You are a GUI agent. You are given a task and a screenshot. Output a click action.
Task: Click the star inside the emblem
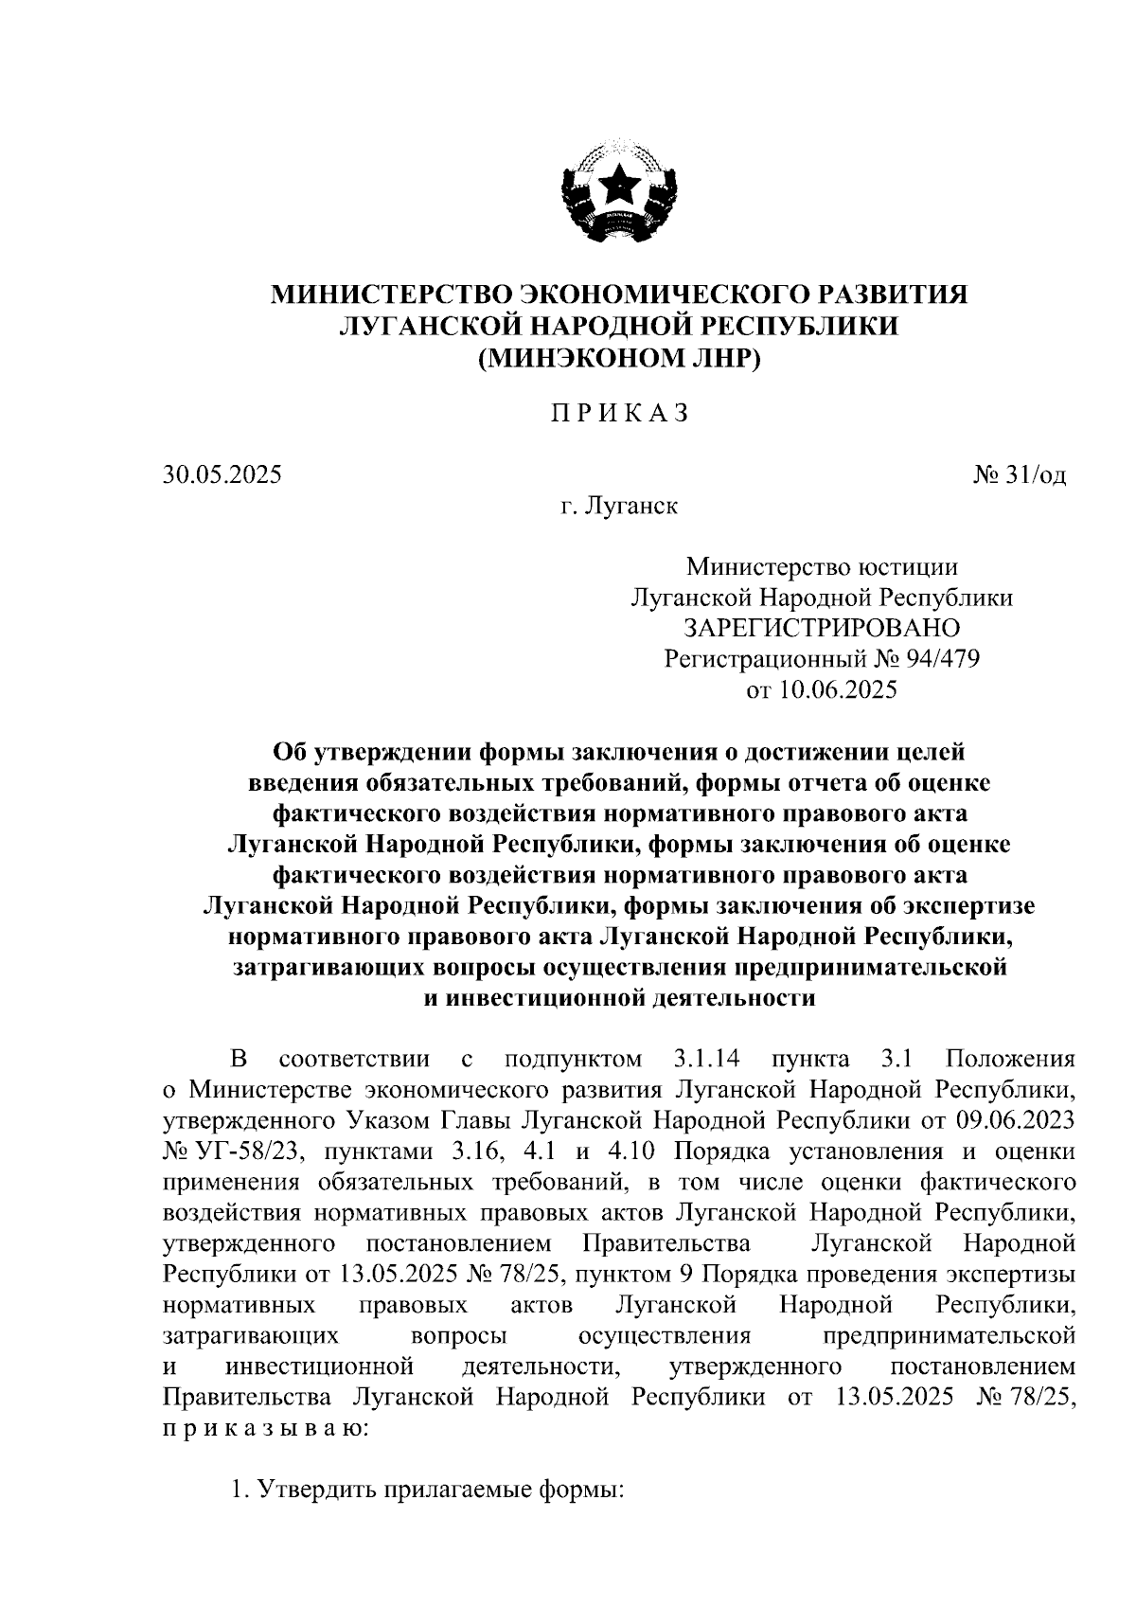(x=620, y=183)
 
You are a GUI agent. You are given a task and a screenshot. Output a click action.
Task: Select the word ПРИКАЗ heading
(x=620, y=414)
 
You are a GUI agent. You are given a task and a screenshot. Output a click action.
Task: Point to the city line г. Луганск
(x=618, y=507)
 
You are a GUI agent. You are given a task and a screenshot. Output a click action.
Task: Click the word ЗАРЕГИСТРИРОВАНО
(x=822, y=628)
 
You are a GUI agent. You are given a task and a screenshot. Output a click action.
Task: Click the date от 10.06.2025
(x=822, y=689)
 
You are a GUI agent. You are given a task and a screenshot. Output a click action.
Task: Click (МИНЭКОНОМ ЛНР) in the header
(x=620, y=358)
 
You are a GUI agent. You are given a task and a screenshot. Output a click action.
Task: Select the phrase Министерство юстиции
(x=822, y=567)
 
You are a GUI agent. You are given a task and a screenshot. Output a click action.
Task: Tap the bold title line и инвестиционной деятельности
(x=618, y=998)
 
